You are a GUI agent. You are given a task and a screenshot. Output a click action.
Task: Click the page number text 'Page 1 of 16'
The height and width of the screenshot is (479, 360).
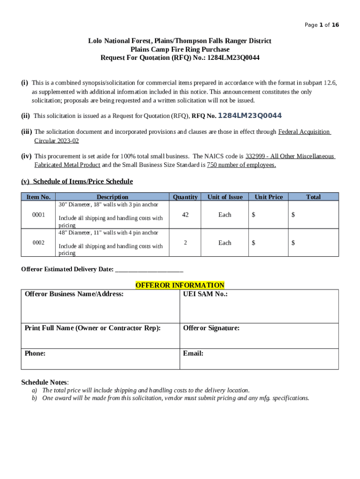[x=322, y=25]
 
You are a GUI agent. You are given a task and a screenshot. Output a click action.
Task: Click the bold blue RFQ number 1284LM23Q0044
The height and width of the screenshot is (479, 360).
[x=250, y=116]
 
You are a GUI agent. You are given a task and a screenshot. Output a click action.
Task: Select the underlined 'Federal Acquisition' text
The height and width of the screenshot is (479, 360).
[x=304, y=132]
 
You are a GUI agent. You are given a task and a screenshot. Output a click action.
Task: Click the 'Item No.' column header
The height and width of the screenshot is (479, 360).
[x=39, y=197]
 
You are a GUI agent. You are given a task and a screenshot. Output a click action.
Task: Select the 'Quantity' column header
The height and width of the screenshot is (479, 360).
[x=185, y=197]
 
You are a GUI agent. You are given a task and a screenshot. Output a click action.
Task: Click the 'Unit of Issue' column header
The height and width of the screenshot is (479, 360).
[x=225, y=197]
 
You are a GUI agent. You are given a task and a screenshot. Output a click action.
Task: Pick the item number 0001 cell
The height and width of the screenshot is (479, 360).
[x=39, y=215]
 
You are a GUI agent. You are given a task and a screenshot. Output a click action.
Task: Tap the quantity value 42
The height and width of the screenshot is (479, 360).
[x=185, y=215]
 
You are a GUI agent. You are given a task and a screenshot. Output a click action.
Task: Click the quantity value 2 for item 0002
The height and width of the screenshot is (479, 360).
[x=185, y=243]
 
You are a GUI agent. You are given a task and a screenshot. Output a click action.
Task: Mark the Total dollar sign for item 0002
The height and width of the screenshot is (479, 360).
[x=293, y=243]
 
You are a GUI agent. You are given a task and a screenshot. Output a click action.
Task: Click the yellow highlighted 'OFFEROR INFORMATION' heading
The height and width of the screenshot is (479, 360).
[x=180, y=285]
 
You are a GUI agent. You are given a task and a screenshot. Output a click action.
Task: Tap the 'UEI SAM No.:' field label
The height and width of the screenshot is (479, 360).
[x=205, y=294]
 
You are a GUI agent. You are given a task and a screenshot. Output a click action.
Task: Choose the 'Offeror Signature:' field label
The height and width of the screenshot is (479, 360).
[x=211, y=328]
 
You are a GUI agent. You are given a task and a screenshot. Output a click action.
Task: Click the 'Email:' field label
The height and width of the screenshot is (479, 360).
[x=193, y=354]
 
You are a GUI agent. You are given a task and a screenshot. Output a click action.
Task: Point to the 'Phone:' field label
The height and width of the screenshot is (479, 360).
[x=35, y=354]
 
